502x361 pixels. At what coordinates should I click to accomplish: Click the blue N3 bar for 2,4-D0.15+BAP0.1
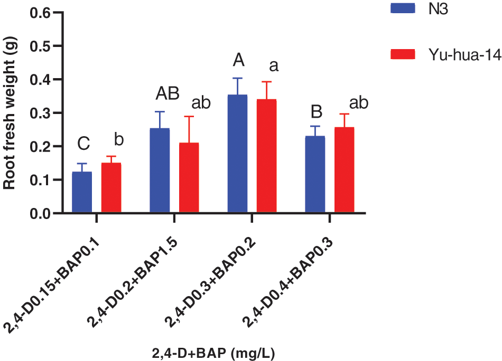pyautogui.click(x=82, y=193)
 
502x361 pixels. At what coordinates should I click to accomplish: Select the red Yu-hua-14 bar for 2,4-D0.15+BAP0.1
pyautogui.click(x=111, y=188)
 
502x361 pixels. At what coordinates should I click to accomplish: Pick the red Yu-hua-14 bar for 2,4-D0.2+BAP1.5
pyautogui.click(x=189, y=178)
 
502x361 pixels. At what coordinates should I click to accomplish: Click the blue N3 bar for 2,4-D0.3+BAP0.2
pyautogui.click(x=238, y=154)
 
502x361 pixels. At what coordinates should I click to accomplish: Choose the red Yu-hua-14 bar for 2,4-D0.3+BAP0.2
pyautogui.click(x=266, y=156)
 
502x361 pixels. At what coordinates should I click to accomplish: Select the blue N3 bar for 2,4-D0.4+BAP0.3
pyautogui.click(x=315, y=175)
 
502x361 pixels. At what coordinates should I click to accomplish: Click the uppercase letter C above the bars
pyautogui.click(x=83, y=143)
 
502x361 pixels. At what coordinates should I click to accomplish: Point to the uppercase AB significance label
pyautogui.click(x=167, y=93)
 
